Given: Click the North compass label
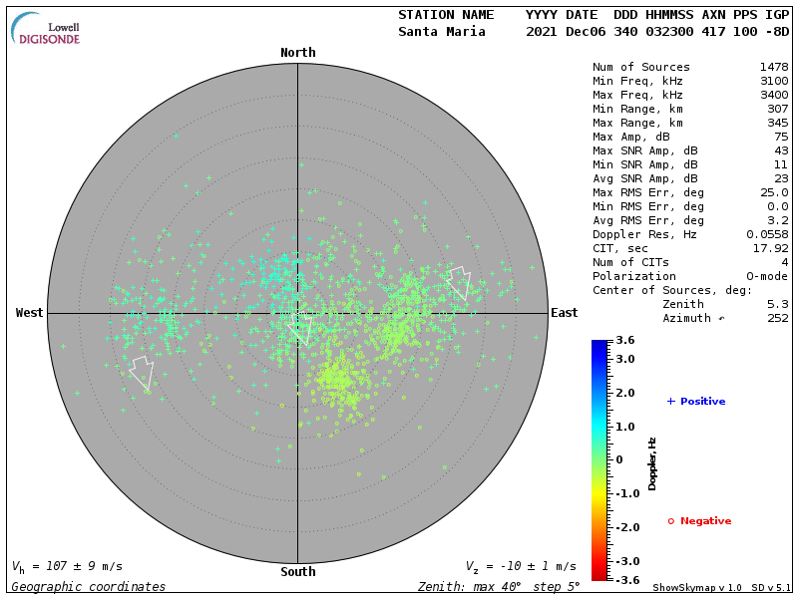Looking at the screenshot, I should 297,53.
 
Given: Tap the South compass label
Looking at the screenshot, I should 297,572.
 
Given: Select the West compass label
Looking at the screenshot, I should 29,313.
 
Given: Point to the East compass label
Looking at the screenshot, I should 564,313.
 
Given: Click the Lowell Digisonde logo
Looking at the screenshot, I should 46,29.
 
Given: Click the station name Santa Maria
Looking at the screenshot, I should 441,32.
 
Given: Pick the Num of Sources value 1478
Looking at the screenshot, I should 773,68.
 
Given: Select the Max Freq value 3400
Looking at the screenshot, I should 773,96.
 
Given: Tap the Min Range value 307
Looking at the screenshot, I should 777,110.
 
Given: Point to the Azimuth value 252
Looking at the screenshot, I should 777,319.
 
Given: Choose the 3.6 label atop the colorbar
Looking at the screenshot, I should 625,341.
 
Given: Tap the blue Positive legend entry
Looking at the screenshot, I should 695,402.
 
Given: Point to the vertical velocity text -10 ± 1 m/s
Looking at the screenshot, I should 521,566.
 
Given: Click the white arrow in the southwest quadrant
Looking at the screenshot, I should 141,372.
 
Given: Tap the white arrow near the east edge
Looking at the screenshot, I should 459,282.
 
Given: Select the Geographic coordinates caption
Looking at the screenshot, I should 88,587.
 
